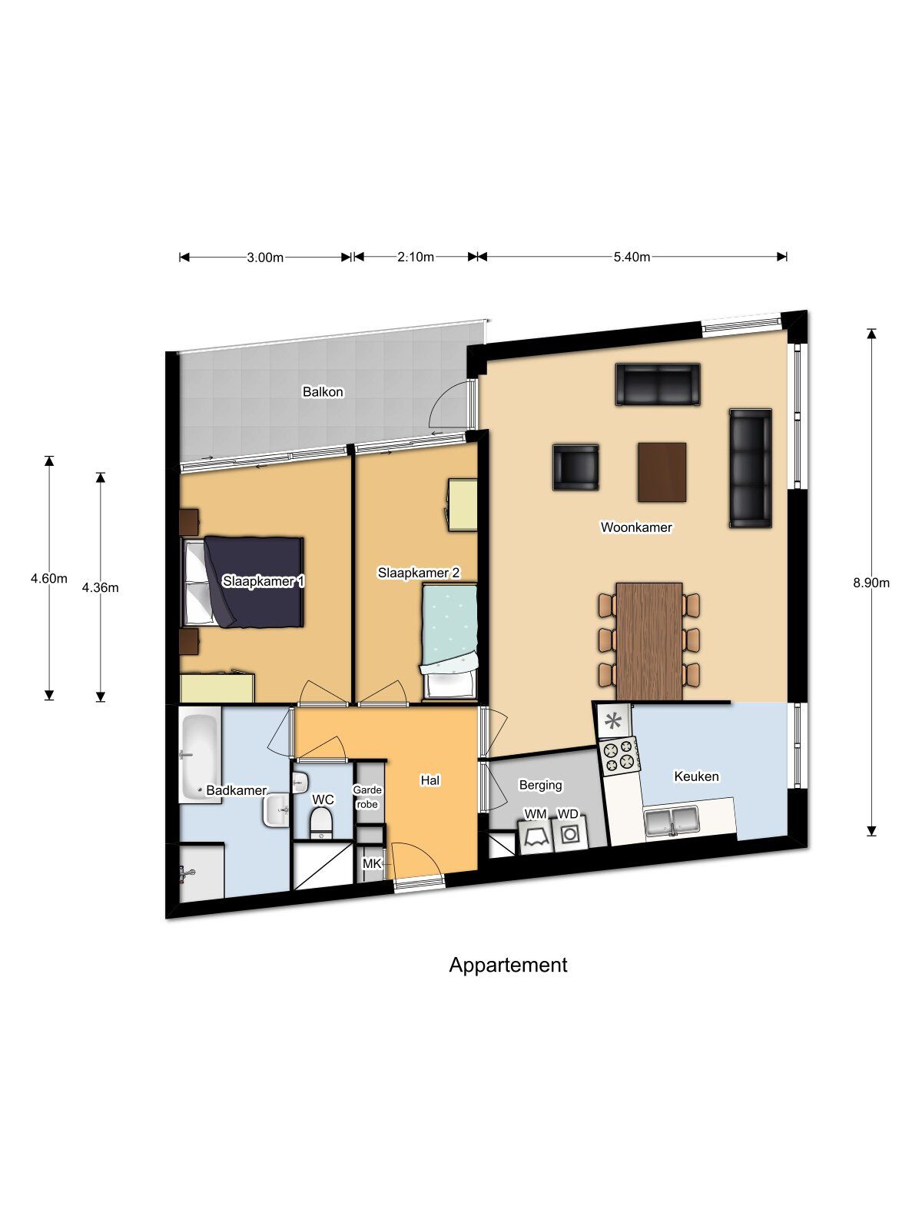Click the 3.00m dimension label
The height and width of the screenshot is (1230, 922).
(265, 258)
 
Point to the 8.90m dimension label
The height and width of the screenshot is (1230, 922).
(871, 583)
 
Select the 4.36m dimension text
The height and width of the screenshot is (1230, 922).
(100, 588)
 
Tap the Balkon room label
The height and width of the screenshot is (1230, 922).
(323, 392)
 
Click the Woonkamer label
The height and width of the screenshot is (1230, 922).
(636, 527)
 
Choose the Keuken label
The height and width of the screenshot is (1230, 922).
(696, 776)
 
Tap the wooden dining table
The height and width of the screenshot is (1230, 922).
(648, 642)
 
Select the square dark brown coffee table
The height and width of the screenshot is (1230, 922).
(662, 472)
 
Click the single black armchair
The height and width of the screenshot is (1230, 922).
(575, 467)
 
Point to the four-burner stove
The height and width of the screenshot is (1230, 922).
(619, 755)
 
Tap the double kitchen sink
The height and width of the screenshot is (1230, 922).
(672, 822)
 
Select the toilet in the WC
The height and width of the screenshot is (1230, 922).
(321, 823)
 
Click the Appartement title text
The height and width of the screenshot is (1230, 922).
(508, 965)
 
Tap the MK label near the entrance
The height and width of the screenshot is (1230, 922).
(372, 864)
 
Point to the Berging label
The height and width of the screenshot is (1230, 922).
(540, 786)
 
